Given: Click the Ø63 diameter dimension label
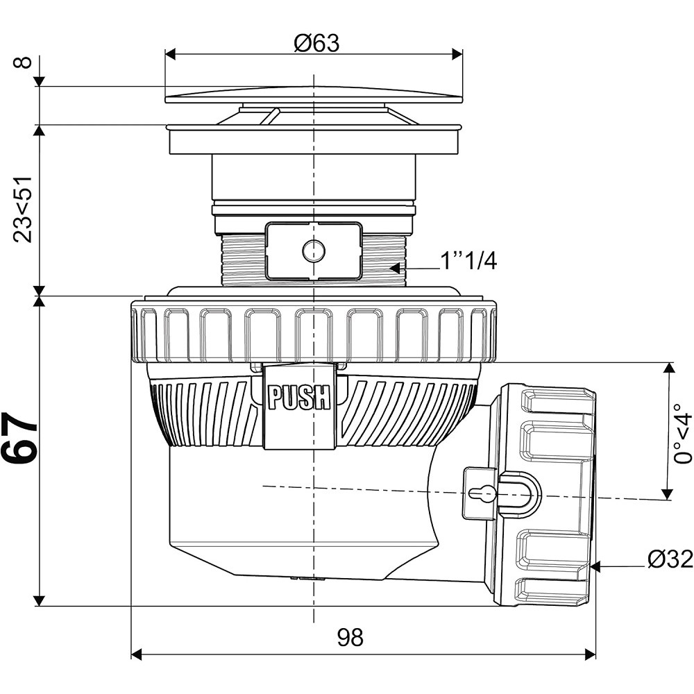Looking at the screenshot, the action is coord(316,43).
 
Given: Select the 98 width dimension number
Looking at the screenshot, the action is coord(350,637).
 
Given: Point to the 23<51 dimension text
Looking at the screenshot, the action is coord(23,209).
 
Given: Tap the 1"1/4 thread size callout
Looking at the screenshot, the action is coord(468,262).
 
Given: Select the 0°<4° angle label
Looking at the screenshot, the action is coord(682,434).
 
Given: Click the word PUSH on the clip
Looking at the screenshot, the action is coord(299,397).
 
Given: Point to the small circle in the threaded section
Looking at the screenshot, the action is coord(314,251).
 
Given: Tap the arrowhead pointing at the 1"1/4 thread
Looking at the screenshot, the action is coord(394,268).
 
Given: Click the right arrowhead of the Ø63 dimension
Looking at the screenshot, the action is coord(457,54).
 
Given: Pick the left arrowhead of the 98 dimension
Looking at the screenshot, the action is coord(137,654).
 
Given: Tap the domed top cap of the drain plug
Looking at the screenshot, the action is coord(314,94).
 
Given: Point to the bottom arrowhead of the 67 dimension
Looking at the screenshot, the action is coord(40,601).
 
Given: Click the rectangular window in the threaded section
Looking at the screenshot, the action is coord(314,251).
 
